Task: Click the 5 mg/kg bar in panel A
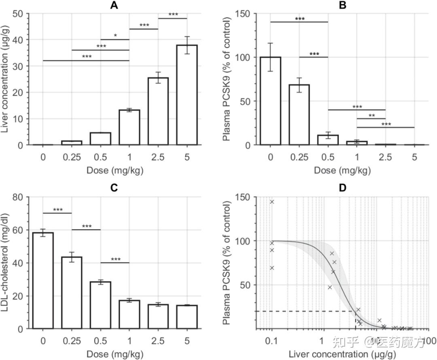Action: click(187, 95)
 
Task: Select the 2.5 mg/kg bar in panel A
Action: click(158, 111)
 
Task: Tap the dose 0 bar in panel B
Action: click(271, 101)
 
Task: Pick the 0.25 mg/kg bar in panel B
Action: click(299, 115)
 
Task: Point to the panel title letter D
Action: click(342, 189)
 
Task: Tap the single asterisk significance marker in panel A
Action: click(115, 36)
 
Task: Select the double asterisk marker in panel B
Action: click(371, 115)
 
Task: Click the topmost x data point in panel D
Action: click(272, 202)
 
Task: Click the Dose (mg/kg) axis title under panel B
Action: click(342, 170)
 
